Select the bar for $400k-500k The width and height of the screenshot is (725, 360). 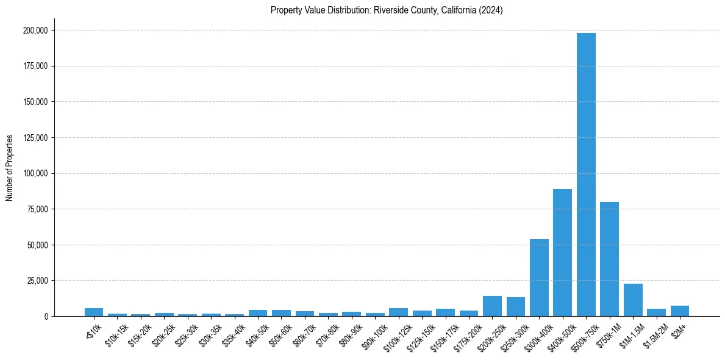562,253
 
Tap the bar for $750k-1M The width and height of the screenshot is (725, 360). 609,259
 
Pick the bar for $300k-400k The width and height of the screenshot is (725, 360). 539,278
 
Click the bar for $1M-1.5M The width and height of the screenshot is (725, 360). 633,300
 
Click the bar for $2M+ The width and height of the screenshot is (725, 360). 680,311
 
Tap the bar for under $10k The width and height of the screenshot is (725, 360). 94,312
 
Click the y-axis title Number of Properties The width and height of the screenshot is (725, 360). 10,168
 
